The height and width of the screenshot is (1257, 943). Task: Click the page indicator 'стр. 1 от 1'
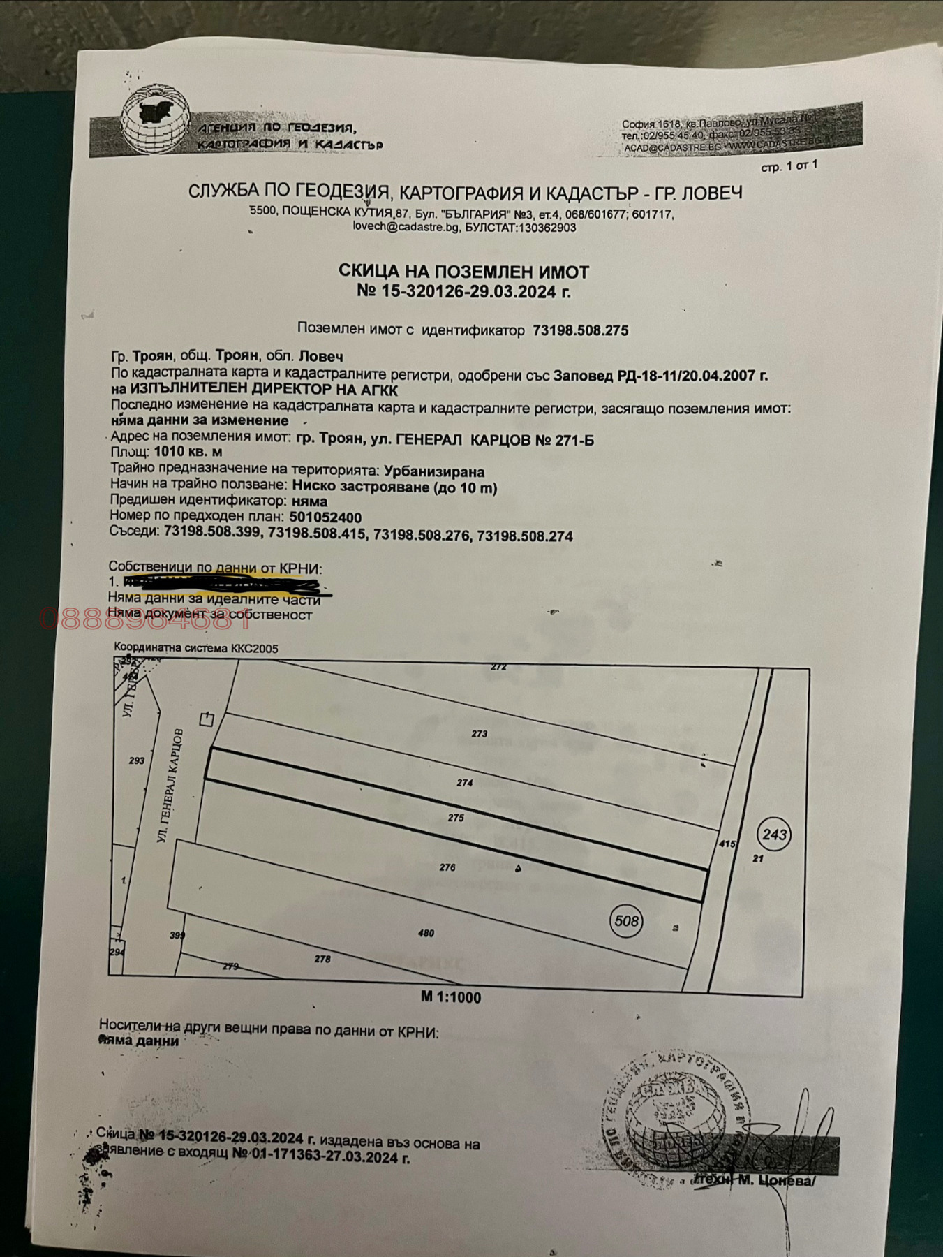789,167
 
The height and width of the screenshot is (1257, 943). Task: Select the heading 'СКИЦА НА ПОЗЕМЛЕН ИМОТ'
463,271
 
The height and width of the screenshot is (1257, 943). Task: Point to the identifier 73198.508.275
580,330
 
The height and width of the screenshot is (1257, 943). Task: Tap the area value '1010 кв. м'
188,453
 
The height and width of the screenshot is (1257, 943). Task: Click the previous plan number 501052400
326,517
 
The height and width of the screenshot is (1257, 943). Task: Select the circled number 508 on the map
626,921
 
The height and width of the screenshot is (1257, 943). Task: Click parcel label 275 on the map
456,818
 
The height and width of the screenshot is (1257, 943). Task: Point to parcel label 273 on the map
479,733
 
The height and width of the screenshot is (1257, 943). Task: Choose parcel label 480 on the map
426,933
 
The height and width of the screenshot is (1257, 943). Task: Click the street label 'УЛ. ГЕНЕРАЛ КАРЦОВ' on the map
171,785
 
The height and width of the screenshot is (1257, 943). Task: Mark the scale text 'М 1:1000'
451,997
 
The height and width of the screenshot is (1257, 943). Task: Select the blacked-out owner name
223,583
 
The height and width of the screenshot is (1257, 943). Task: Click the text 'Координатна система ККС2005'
196,648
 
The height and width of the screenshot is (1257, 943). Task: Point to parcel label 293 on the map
137,760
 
